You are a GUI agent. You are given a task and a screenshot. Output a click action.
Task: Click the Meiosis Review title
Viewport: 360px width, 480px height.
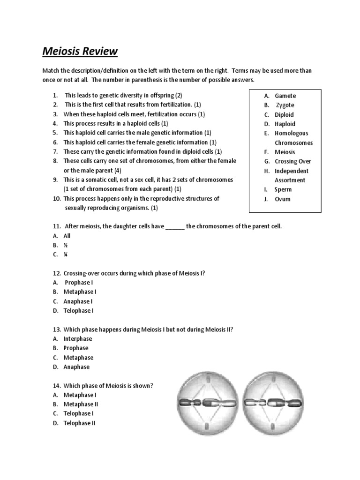coord(80,51)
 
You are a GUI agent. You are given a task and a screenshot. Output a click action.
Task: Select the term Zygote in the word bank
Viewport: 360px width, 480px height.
coord(285,105)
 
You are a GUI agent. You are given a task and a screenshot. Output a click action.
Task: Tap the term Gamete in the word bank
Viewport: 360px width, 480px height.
coord(285,96)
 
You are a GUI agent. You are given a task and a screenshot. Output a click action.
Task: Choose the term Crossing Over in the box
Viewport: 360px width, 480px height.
coord(292,161)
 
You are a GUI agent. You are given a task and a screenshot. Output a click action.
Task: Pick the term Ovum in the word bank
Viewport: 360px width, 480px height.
coord(283,199)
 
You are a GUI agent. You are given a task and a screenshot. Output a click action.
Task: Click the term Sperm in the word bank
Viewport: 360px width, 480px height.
coord(283,189)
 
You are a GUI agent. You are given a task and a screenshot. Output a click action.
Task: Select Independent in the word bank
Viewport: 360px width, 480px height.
coord(292,171)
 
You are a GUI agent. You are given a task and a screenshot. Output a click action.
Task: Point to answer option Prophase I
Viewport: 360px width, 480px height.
coord(79,282)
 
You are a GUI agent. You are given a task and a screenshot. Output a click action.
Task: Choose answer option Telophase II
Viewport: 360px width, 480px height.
coord(80,423)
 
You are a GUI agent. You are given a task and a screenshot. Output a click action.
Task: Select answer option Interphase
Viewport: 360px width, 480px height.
coord(78,338)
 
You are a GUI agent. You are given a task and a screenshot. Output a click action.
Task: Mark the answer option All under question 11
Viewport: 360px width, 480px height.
coord(67,236)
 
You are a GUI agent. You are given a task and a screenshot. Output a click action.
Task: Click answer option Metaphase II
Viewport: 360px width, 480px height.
coord(81,404)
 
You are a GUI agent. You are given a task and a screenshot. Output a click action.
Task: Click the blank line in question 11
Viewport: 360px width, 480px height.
coord(175,227)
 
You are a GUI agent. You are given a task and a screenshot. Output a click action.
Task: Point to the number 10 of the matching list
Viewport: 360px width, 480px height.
coord(56,199)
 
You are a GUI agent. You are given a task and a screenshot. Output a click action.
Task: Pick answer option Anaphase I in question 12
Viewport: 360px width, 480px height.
coord(78,301)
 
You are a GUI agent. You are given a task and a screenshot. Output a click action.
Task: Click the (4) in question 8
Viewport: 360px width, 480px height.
coord(117,171)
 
